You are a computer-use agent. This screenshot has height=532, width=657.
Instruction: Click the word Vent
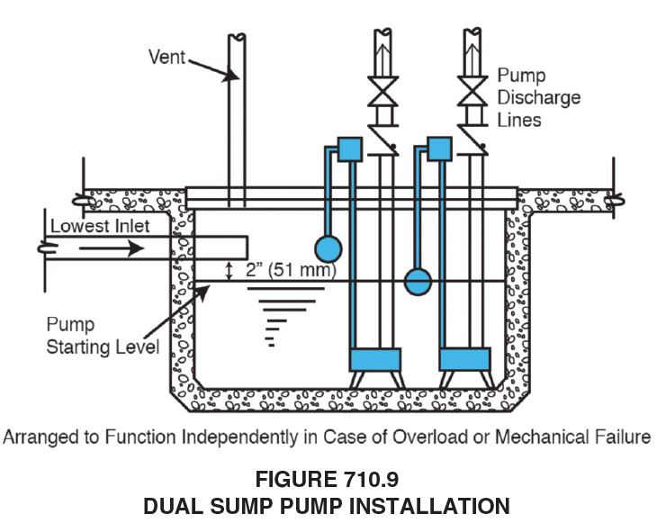166,57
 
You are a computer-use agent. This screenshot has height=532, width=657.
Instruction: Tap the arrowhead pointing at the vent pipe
230,76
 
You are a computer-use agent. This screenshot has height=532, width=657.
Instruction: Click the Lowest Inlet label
100,226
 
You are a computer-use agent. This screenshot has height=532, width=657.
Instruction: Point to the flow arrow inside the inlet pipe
112,248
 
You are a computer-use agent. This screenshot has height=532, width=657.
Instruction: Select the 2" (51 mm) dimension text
291,269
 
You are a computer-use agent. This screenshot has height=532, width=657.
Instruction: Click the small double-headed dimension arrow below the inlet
229,271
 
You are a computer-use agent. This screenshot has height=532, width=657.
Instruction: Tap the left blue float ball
328,249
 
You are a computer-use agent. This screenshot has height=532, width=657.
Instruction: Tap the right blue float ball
418,282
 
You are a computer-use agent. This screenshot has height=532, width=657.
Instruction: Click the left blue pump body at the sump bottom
375,360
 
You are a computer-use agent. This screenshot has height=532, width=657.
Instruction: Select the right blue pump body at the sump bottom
464,360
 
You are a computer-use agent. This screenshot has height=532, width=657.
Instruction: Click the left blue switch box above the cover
350,149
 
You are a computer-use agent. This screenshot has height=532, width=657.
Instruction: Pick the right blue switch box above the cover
439,149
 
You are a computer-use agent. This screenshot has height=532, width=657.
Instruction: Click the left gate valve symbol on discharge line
383,92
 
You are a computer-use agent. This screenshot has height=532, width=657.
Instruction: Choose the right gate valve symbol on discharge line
472,92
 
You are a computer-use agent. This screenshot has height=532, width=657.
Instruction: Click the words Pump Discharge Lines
539,98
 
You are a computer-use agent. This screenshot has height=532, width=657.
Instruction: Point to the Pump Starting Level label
103,336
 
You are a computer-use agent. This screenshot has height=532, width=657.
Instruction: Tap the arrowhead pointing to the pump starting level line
202,292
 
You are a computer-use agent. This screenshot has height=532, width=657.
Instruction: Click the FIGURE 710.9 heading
328,479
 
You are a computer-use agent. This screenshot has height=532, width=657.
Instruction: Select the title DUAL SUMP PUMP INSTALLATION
327,506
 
